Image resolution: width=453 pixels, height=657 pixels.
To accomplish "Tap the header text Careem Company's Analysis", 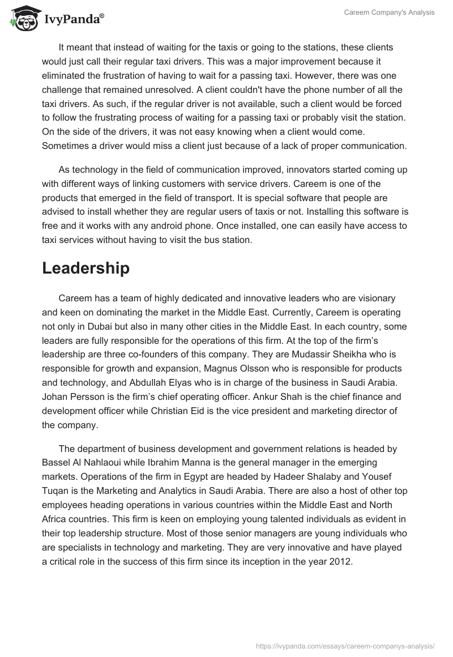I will [390, 12].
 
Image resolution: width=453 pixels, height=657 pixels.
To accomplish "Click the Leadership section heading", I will [86, 268].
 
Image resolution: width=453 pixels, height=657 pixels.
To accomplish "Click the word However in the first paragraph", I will [310, 75].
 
